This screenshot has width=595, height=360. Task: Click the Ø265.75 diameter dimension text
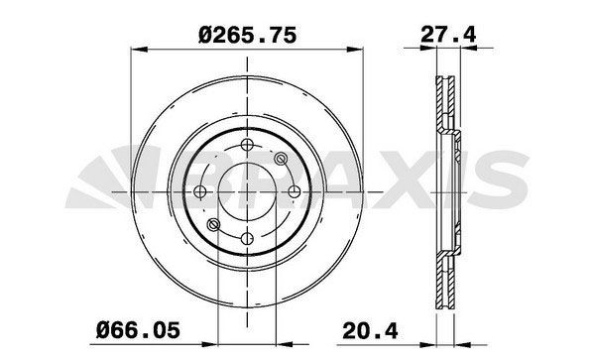[x=247, y=34]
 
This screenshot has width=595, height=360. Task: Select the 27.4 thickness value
[x=446, y=35]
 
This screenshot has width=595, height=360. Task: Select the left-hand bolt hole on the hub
[x=201, y=190]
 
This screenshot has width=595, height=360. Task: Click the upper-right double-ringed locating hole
[x=281, y=158]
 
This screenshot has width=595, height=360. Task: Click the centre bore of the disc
[x=248, y=190]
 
